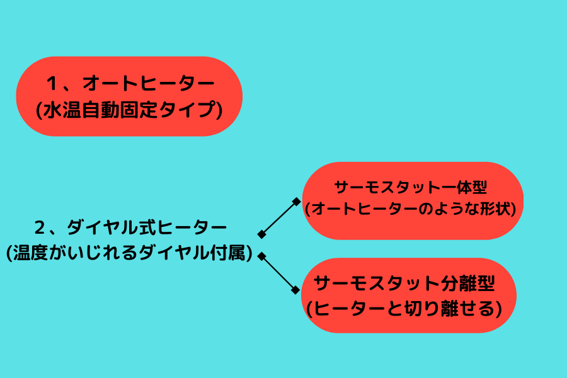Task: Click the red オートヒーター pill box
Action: [x=129, y=96]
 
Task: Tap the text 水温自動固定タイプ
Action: [x=129, y=110]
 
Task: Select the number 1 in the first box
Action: [x=52, y=83]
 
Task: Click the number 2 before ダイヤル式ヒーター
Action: [x=40, y=228]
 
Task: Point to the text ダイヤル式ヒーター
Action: [x=146, y=228]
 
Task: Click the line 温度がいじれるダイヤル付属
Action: [x=129, y=253]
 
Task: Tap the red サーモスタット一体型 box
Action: [x=413, y=201]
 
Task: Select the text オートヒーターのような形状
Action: [x=410, y=209]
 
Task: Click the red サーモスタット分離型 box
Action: [x=409, y=295]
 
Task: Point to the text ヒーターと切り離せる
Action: [x=404, y=309]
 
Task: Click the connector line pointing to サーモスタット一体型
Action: [x=279, y=218]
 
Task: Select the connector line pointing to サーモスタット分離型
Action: [x=278, y=273]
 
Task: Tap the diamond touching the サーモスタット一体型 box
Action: [x=297, y=202]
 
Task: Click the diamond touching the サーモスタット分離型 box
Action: [x=296, y=290]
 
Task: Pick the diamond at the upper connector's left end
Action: [x=261, y=234]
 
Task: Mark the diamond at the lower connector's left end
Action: [x=262, y=256]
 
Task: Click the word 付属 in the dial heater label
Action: [x=228, y=253]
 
